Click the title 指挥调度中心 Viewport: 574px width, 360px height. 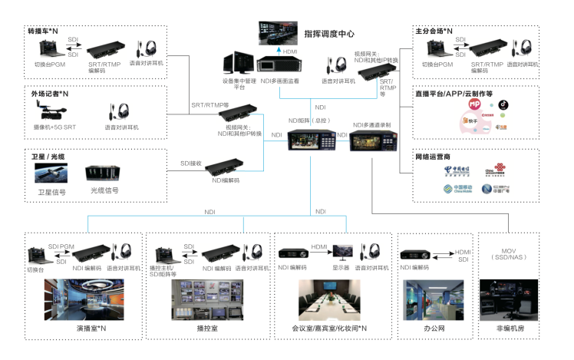coord(339,34)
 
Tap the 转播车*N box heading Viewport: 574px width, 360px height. coord(44,32)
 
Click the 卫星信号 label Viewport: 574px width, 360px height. coord(52,192)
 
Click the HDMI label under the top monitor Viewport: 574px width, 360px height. coord(290,51)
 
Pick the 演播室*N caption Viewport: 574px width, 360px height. coord(91,328)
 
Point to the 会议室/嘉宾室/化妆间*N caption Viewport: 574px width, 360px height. coord(329,328)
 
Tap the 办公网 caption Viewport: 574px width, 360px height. coord(434,328)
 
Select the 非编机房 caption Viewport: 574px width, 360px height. coord(510,328)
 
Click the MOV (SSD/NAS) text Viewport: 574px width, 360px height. coord(510,256)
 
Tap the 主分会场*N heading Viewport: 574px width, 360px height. coord(434,32)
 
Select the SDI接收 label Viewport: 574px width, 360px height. coord(191,163)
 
